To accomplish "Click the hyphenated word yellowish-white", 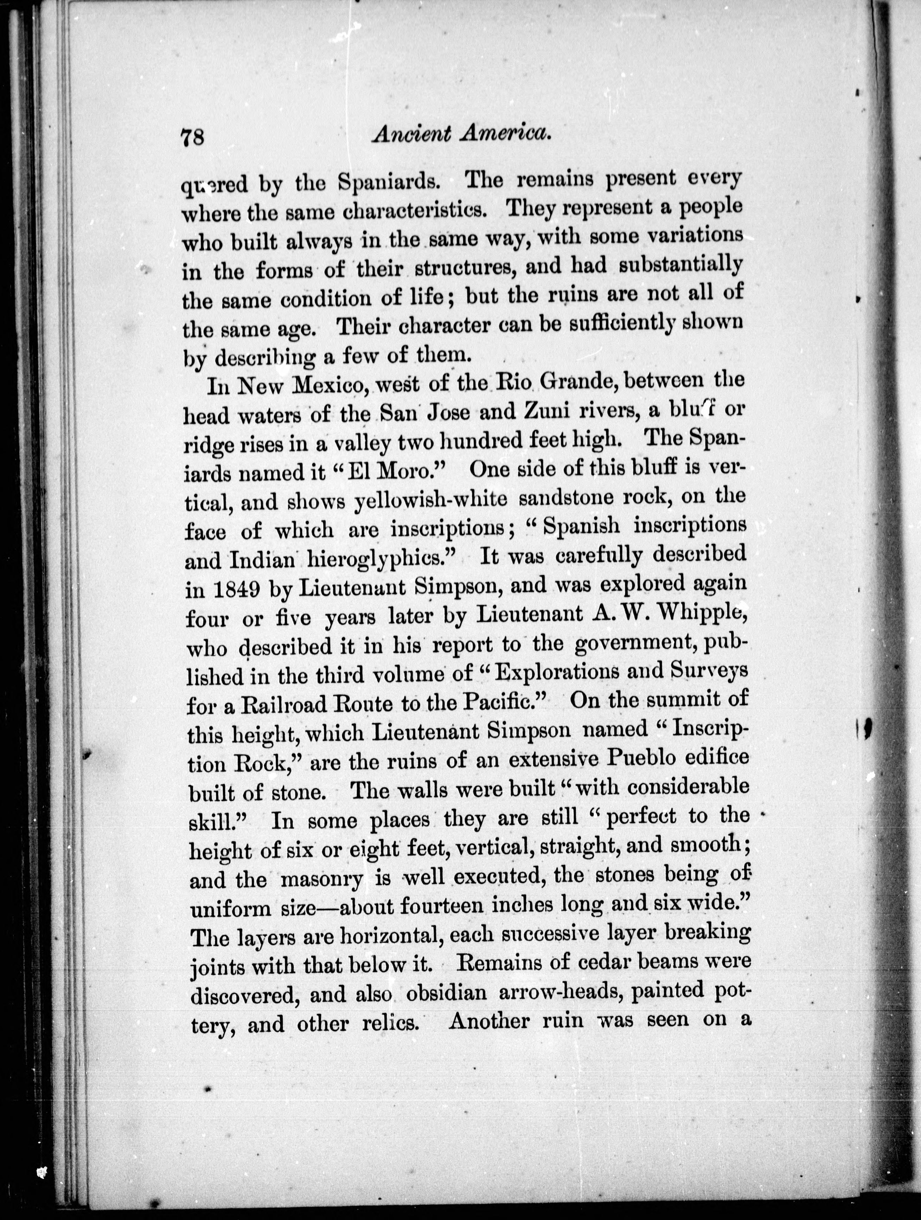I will (x=430, y=500).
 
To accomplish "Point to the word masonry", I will (x=321, y=879).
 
